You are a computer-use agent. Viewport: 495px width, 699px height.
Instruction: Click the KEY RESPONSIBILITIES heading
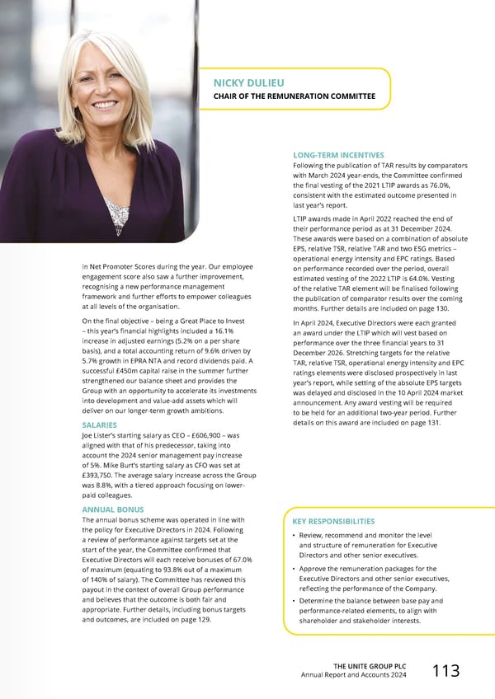click(x=334, y=522)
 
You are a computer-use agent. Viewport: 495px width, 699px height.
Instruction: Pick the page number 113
click(x=445, y=671)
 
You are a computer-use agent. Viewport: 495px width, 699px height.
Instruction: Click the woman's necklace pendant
click(x=116, y=217)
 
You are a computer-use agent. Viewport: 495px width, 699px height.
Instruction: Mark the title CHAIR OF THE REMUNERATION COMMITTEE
click(x=295, y=97)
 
